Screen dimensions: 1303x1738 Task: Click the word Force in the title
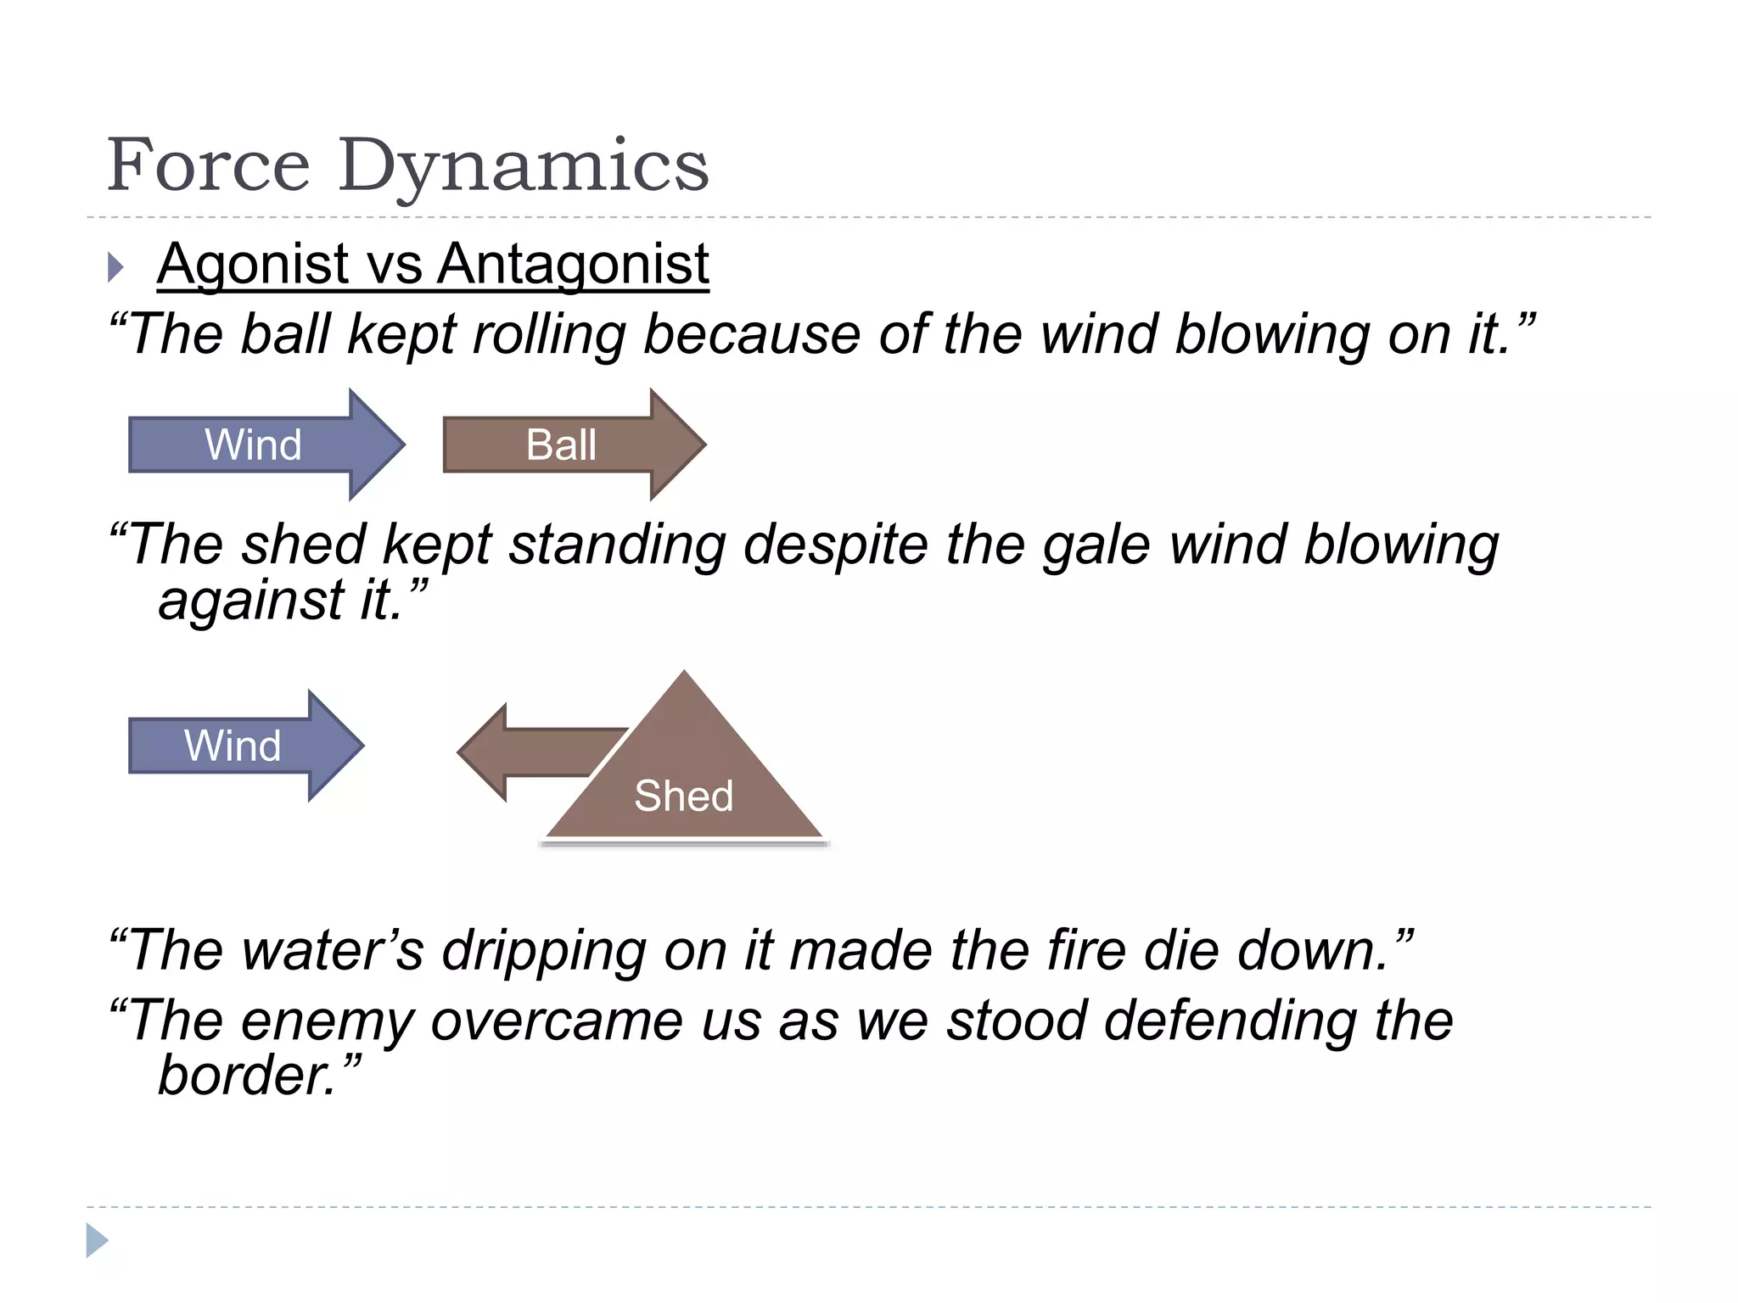(209, 165)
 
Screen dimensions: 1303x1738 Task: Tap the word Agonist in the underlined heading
(253, 264)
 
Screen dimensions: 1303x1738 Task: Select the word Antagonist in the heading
(573, 264)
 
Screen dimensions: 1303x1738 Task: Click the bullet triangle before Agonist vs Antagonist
(115, 267)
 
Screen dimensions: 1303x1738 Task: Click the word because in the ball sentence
(751, 334)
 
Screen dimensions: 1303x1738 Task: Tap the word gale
(1096, 545)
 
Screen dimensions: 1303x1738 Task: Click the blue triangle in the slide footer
(96, 1240)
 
